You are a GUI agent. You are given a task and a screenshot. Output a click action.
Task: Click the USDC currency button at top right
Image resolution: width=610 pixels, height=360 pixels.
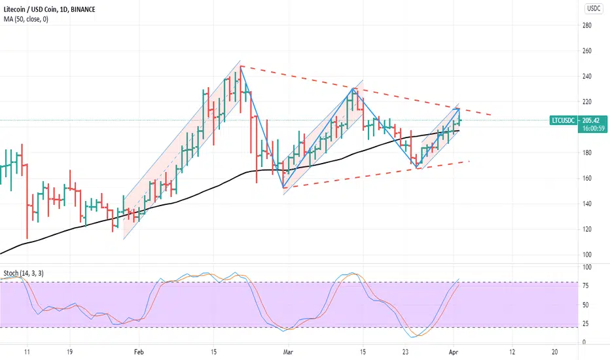593,9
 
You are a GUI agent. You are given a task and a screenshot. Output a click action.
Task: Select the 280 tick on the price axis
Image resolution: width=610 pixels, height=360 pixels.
587,26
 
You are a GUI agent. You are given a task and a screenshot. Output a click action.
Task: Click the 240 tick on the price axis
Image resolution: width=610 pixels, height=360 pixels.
587,77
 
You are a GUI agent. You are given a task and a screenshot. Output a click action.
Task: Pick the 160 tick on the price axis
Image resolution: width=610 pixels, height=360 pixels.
587,178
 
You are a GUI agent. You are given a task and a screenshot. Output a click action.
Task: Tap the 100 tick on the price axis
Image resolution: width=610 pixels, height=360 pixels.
587,255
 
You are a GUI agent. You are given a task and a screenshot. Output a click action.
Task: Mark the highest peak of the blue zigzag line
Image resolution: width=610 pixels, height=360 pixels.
241,66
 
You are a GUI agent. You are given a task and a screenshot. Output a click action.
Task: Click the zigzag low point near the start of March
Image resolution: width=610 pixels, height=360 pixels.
283,188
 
